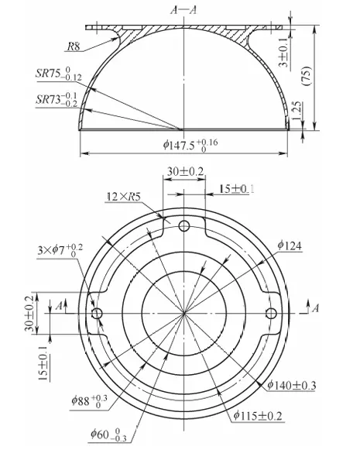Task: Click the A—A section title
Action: point(183,9)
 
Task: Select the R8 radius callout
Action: point(74,46)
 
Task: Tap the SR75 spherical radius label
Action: point(60,75)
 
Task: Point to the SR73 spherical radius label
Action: point(60,99)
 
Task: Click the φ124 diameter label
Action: point(290,246)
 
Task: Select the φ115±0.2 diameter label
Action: point(259,415)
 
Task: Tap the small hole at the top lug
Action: point(184,225)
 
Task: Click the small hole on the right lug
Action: point(272,313)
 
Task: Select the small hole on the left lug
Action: point(97,313)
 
